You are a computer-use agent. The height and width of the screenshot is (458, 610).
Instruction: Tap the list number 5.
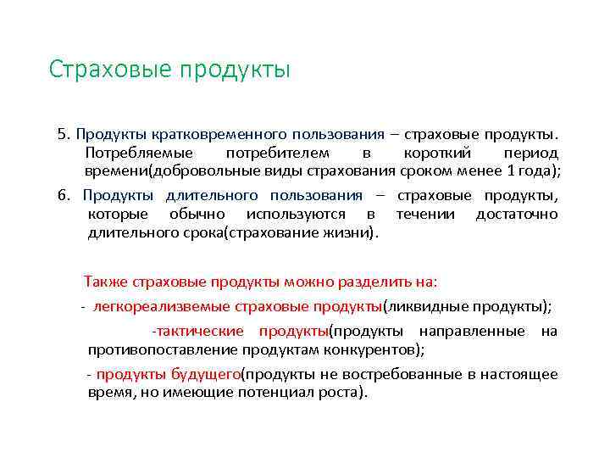tap(62, 134)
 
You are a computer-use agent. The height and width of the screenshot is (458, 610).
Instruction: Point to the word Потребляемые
tap(139, 154)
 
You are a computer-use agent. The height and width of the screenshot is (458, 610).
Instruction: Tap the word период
tap(530, 154)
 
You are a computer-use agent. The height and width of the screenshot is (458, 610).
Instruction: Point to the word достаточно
tap(517, 214)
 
